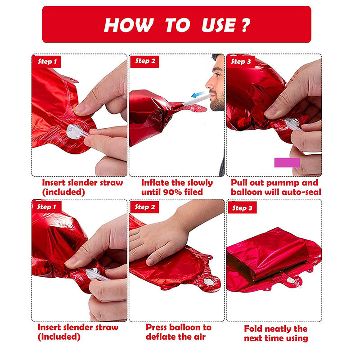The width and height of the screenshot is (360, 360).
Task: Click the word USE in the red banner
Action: [x=219, y=25]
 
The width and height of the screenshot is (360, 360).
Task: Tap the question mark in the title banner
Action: [x=245, y=25]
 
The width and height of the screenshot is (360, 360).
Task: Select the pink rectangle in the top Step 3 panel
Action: [x=287, y=162]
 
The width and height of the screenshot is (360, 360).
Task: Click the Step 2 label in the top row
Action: [x=145, y=61]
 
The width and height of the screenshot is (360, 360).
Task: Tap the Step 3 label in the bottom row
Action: [x=242, y=208]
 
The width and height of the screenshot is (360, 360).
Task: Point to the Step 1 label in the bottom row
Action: [x=47, y=207]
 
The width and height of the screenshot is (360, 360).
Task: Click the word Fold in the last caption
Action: [x=252, y=328]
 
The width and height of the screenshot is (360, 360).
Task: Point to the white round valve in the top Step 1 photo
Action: [x=74, y=131]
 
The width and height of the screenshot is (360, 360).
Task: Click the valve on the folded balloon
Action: [x=291, y=280]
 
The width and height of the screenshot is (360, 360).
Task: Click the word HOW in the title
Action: [x=129, y=25]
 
